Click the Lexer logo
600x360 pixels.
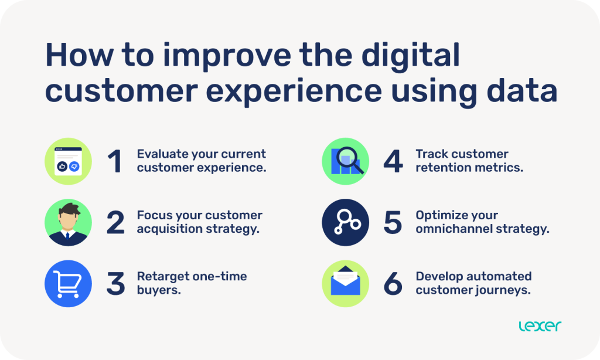click(540, 327)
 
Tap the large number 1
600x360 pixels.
click(115, 161)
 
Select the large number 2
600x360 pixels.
click(115, 223)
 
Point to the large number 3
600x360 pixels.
click(115, 284)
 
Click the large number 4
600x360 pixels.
click(393, 161)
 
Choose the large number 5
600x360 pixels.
click(393, 223)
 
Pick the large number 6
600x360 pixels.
click(393, 284)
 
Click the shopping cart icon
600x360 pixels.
click(69, 284)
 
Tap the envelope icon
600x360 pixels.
click(346, 283)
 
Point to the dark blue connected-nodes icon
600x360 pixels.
click(346, 223)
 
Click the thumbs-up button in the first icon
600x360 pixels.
click(63, 167)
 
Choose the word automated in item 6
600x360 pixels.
click(498, 276)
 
